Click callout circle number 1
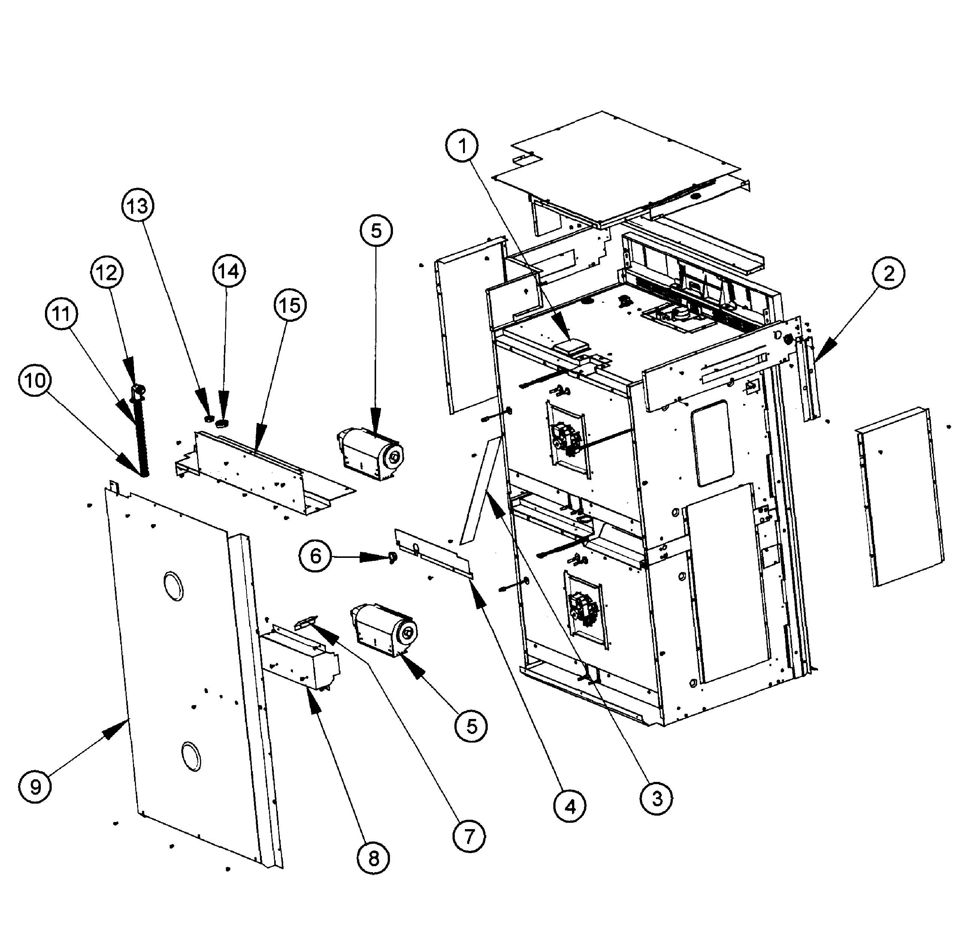[x=462, y=146]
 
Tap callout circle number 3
[x=657, y=798]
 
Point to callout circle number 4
[x=570, y=807]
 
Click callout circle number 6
[x=315, y=556]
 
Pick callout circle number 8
[x=373, y=858]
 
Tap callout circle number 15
[x=290, y=305]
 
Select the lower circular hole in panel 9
[x=191, y=756]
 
